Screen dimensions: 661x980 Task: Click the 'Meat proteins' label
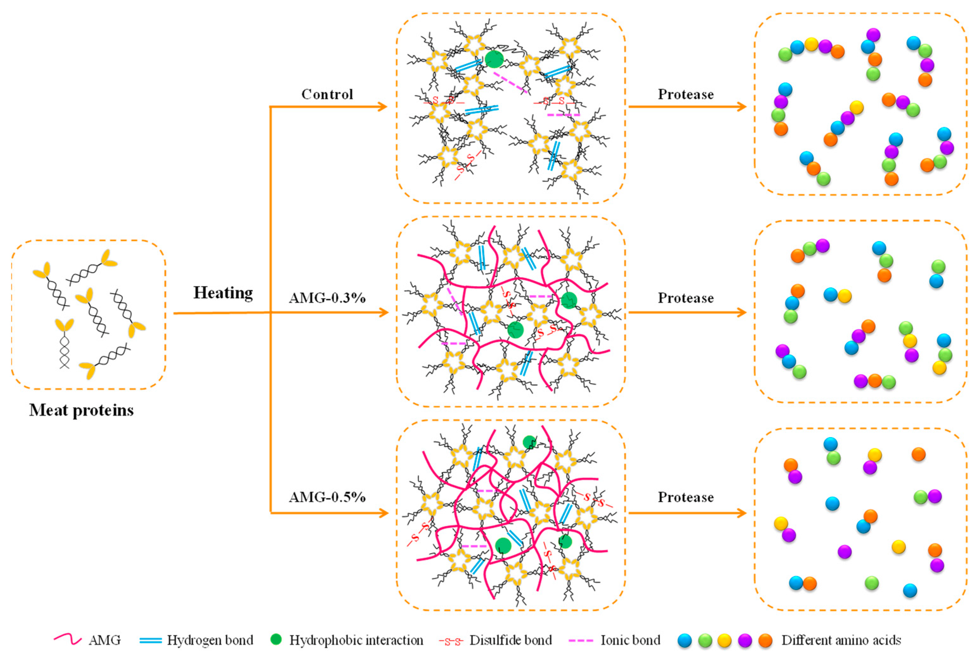pyautogui.click(x=81, y=410)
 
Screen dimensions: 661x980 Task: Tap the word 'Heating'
pyautogui.click(x=223, y=292)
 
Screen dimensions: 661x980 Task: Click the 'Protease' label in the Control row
pyautogui.click(x=685, y=94)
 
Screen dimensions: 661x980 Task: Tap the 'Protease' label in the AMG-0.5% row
pyautogui.click(x=685, y=497)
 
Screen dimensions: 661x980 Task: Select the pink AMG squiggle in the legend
pyautogui.click(x=68, y=640)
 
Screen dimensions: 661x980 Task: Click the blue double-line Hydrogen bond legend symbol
pyautogui.click(x=150, y=640)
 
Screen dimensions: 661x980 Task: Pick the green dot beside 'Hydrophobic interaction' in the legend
pyautogui.click(x=276, y=639)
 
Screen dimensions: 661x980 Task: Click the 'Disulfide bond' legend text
pyautogui.click(x=511, y=640)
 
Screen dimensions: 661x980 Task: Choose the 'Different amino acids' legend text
pyautogui.click(x=841, y=640)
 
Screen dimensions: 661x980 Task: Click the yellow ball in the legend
pyautogui.click(x=725, y=641)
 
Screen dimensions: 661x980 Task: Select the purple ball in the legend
pyautogui.click(x=745, y=641)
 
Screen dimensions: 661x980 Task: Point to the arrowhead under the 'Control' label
pyautogui.click(x=382, y=107)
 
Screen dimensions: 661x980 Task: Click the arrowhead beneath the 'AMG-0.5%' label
pyautogui.click(x=383, y=513)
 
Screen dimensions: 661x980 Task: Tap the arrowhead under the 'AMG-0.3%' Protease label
pyautogui.click(x=741, y=312)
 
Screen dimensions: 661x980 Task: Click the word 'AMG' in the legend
pyautogui.click(x=105, y=640)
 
